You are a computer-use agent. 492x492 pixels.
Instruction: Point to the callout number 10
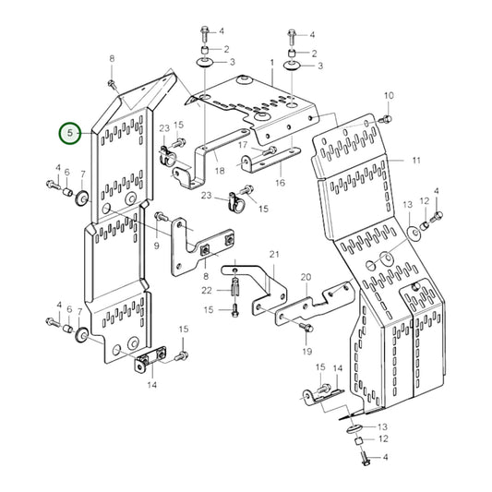point(388,96)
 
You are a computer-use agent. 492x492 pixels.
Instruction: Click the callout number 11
point(416,161)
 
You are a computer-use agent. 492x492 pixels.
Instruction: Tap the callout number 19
point(306,352)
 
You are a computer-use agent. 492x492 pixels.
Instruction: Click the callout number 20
point(306,276)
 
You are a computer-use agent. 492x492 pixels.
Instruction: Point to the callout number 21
point(273,254)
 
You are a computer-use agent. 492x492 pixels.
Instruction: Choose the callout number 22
point(208,290)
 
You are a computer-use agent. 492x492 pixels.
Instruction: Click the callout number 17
point(244,145)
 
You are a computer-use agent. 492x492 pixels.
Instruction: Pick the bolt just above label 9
point(160,216)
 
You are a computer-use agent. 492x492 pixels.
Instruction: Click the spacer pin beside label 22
point(235,286)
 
